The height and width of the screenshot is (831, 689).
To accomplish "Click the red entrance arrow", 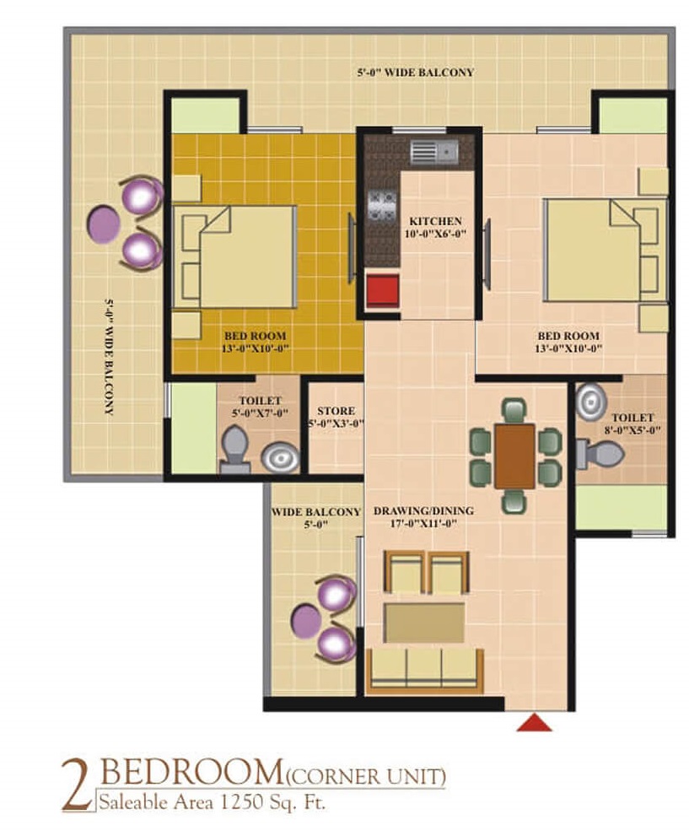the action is [535, 723].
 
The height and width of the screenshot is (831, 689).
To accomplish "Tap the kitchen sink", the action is [434, 153].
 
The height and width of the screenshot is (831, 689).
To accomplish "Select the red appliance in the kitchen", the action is [382, 290].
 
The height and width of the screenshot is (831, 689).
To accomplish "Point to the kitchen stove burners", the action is [382, 205].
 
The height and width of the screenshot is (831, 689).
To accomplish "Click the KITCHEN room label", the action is [435, 221].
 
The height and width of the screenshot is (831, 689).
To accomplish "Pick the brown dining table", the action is [514, 456].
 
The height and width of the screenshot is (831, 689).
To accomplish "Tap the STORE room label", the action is [336, 411].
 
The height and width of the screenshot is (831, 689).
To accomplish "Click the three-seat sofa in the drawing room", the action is [424, 671].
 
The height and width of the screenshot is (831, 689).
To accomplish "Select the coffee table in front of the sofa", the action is [424, 622].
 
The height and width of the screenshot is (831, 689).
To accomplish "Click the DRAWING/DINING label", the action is [423, 511].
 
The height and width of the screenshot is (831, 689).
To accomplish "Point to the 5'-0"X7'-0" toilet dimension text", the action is [260, 413].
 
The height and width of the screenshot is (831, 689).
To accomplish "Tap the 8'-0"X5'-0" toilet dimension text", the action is [632, 430].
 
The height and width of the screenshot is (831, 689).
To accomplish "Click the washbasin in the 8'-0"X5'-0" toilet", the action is [591, 402].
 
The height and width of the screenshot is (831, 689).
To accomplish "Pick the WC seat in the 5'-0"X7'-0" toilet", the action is [235, 450].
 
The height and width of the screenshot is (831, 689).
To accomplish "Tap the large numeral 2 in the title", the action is [78, 785].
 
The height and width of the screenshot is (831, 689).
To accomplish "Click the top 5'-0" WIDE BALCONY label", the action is [415, 73].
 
